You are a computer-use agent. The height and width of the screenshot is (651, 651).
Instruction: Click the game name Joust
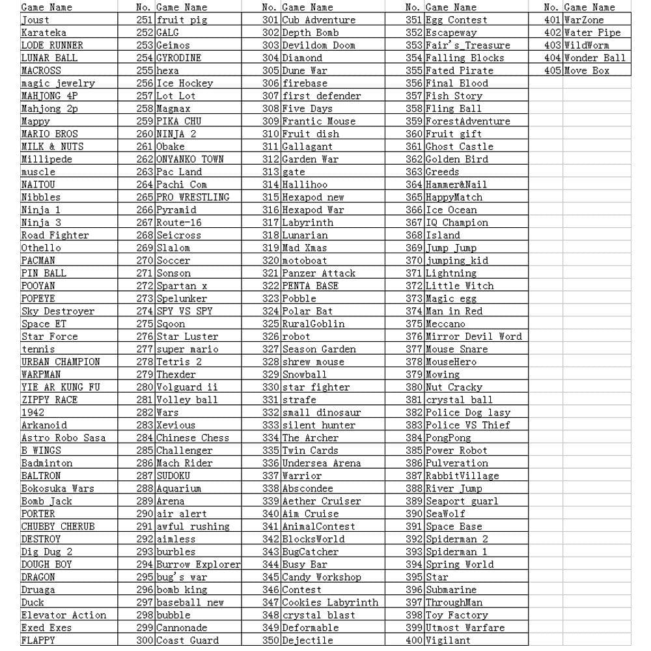[x=35, y=20]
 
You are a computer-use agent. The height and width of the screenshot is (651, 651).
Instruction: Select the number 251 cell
[x=145, y=20]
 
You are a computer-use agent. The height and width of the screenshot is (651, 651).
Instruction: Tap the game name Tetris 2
[x=179, y=362]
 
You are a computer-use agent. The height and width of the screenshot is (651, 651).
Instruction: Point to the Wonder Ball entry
[x=594, y=58]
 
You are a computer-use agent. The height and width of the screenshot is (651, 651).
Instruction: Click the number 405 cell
[x=552, y=70]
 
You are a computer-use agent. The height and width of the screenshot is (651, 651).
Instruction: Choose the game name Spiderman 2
[x=456, y=539]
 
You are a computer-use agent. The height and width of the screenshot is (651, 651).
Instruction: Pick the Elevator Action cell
[x=63, y=615]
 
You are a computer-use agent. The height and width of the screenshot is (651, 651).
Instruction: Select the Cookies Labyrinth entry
[x=329, y=603]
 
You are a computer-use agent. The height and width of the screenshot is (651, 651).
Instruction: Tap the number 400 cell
[x=414, y=641]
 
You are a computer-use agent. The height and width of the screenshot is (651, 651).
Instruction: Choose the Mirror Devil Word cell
[x=473, y=337]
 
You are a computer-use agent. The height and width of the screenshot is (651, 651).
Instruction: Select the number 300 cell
[x=145, y=641]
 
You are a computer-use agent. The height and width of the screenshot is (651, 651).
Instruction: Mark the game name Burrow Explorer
[x=198, y=564]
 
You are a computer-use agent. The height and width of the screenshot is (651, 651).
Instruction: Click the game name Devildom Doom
[x=318, y=46]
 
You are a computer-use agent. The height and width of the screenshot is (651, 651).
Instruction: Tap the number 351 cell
[x=414, y=20]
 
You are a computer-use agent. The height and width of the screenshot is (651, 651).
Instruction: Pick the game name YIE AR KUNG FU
[x=61, y=387]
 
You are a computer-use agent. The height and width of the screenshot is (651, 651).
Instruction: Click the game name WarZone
[x=583, y=20]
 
